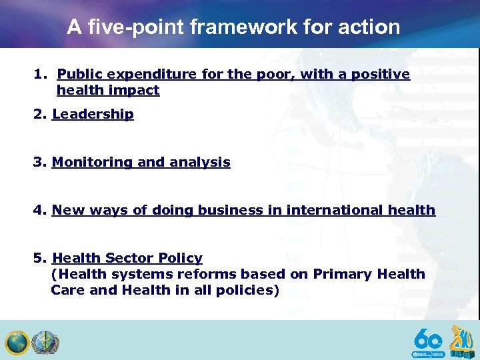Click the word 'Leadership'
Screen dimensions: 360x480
pyautogui.click(x=93, y=114)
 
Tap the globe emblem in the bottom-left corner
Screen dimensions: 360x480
pyautogui.click(x=16, y=343)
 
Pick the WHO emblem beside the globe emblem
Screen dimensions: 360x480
pyautogui.click(x=45, y=343)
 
